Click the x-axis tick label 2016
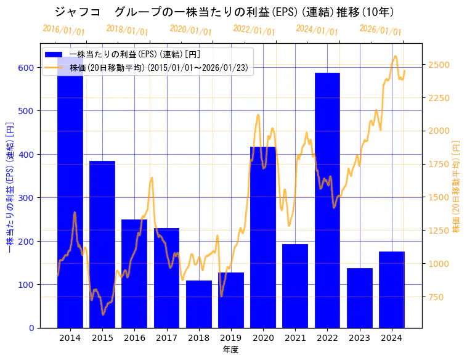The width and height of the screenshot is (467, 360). pyautogui.click(x=134, y=338)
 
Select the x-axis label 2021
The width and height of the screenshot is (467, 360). pyautogui.click(x=295, y=338)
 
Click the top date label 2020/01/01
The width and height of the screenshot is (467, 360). pyautogui.click(x=190, y=30)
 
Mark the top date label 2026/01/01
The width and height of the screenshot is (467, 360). pyautogui.click(x=380, y=30)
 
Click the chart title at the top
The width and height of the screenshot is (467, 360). pyautogui.click(x=224, y=12)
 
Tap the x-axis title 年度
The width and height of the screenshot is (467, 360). pyautogui.click(x=230, y=350)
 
